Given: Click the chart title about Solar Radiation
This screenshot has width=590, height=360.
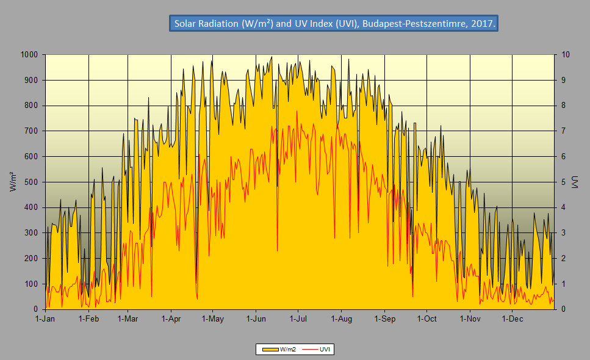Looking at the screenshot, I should click(334, 24).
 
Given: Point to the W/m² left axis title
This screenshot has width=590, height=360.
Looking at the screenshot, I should click(13, 182).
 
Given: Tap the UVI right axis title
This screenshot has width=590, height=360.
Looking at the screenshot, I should click(574, 182).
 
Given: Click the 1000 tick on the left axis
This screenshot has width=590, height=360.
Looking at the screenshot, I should click(29, 55).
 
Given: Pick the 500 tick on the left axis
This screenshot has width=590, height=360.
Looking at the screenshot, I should click(31, 182).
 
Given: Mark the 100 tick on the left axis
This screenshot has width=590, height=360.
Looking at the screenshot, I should click(31, 284).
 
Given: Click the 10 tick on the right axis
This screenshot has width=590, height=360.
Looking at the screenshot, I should click(566, 55).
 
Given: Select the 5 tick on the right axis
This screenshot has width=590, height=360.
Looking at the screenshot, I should click(564, 182).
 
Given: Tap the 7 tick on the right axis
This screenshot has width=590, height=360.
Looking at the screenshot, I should click(564, 131).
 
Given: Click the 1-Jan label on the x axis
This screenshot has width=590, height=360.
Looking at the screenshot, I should click(45, 319).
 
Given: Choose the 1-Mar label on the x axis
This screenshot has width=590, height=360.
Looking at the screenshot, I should click(127, 319).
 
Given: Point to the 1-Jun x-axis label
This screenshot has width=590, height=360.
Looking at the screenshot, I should click(256, 319).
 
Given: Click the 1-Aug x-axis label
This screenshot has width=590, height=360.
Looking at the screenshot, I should click(341, 319).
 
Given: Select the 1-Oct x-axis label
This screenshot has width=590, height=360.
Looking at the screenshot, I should click(426, 319).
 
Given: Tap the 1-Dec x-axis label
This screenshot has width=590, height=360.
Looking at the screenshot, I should click(512, 319).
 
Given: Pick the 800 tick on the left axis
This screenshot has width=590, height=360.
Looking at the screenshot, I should click(31, 106).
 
